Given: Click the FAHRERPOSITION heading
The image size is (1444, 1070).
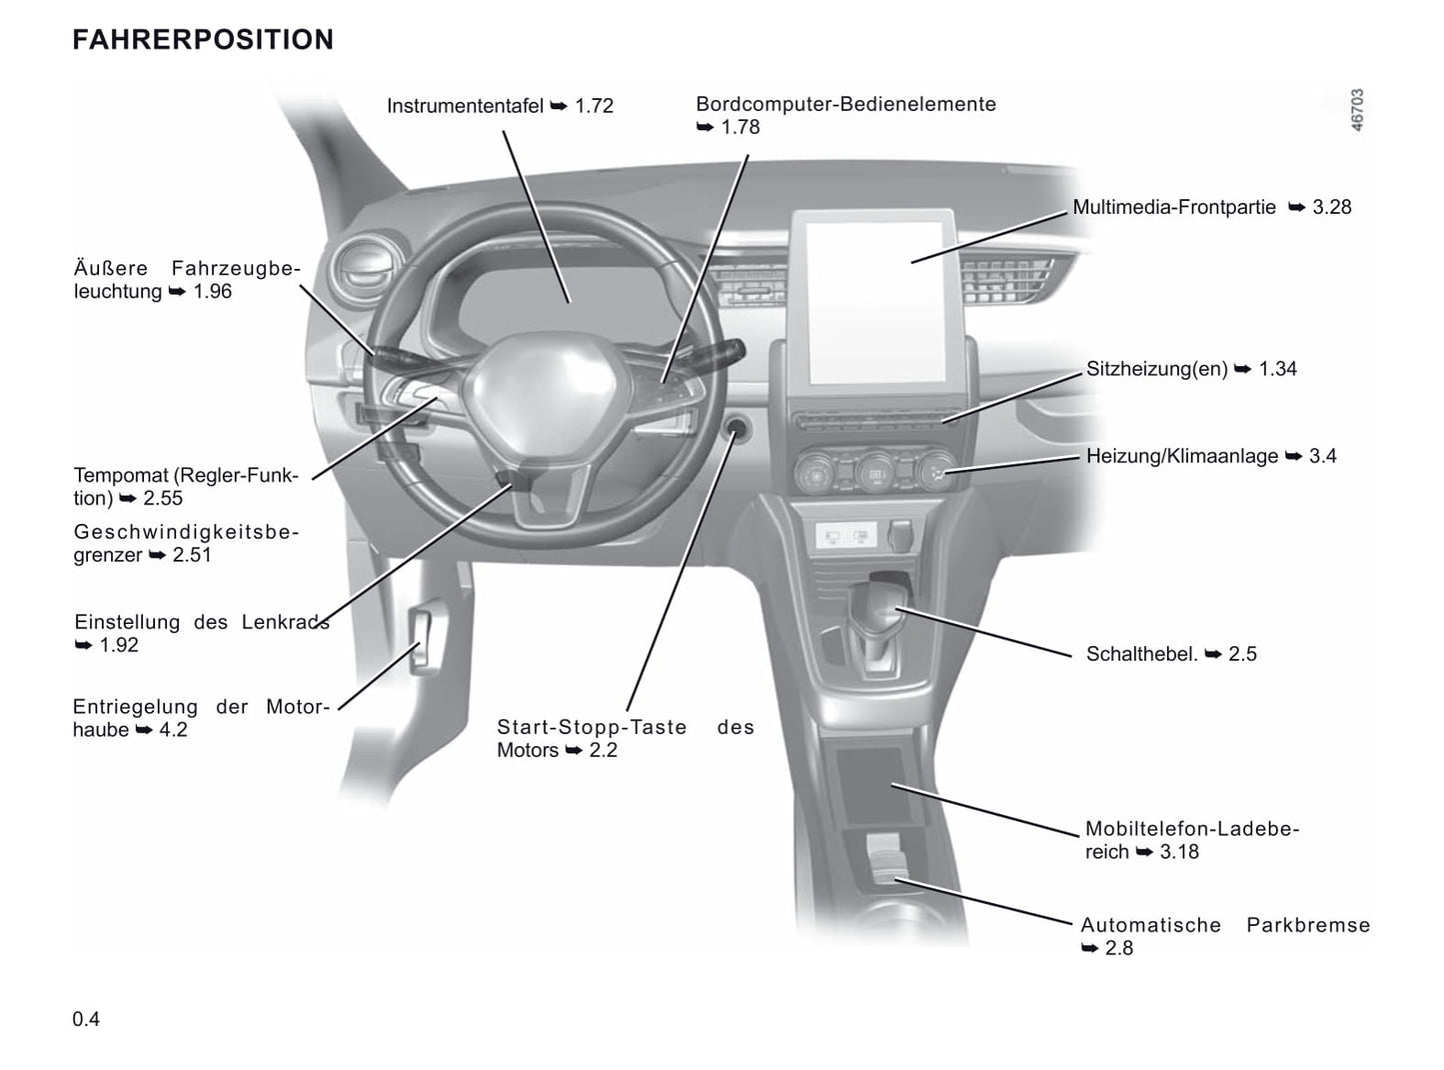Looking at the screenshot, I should (x=203, y=40).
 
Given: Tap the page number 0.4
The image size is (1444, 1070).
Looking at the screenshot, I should (x=86, y=1019).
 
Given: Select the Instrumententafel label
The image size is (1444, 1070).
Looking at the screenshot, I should (x=465, y=106).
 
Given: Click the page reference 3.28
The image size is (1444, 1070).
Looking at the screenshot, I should (x=1331, y=207).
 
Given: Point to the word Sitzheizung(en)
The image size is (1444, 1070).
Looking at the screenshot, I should (x=1156, y=369).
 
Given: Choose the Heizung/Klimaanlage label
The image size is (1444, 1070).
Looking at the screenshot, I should (x=1181, y=456).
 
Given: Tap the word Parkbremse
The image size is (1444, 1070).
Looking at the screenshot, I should (x=1307, y=925).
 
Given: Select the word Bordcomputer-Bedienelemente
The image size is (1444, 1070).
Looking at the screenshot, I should (x=845, y=104).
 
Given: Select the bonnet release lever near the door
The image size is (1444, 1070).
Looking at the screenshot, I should (x=424, y=640).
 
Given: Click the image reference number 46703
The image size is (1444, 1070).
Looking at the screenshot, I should (x=1356, y=109).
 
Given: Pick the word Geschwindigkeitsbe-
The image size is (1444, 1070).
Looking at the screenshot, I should (x=186, y=532).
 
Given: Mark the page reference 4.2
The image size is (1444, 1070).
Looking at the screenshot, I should (x=173, y=730).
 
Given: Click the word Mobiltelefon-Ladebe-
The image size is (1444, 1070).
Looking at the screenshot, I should (x=1191, y=829).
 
